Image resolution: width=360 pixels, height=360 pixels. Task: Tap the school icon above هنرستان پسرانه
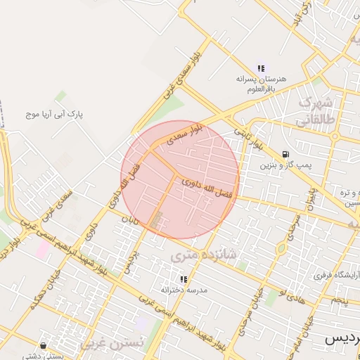(x=261, y=68)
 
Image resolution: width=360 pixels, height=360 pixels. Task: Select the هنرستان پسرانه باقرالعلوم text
(x=261, y=84)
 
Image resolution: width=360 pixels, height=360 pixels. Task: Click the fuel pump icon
(x=285, y=153)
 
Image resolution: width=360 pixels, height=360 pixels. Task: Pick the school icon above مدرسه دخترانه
(x=175, y=278)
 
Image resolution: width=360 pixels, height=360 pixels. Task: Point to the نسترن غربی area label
(x=112, y=343)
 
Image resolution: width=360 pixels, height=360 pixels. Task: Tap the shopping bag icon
(x=44, y=345)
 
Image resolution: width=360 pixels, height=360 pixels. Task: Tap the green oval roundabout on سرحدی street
(x=281, y=248)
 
